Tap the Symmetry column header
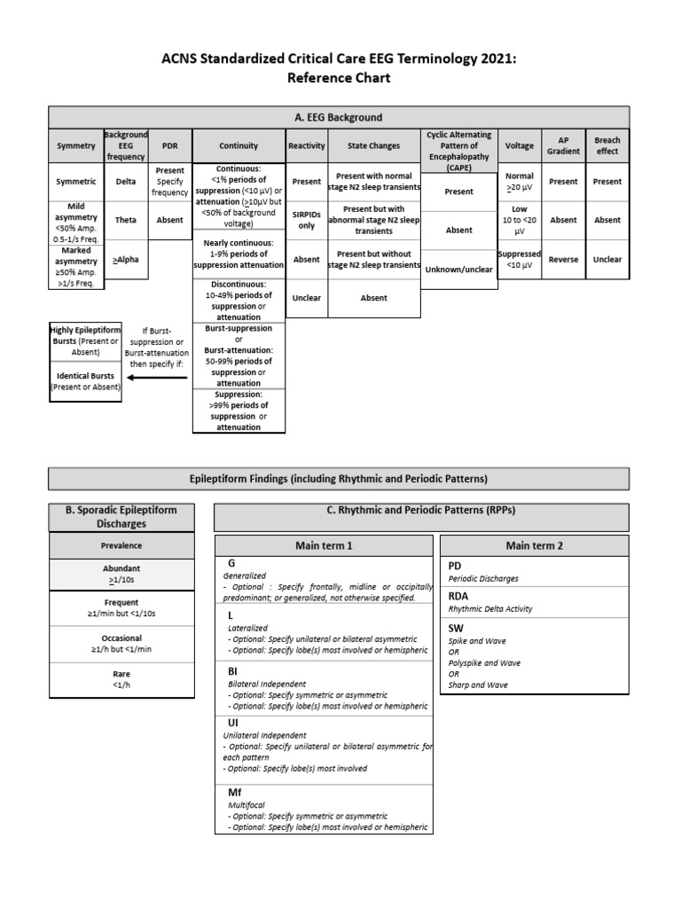pos(75,145)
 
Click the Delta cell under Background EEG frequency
pos(126,182)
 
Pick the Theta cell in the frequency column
pos(126,220)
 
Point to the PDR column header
pos(169,145)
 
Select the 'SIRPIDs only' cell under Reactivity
pos(307,220)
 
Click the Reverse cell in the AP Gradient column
pos(562,260)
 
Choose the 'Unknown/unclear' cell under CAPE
pos(458,270)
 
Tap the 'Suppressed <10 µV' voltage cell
pos(520,259)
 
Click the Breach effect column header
pos(607,145)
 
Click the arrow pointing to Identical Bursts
pos(158,378)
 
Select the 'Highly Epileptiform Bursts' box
pos(84,340)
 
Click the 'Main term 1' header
pos(324,545)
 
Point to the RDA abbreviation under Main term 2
pos(458,597)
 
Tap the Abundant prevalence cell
pos(121,574)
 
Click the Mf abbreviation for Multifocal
pos(235,792)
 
